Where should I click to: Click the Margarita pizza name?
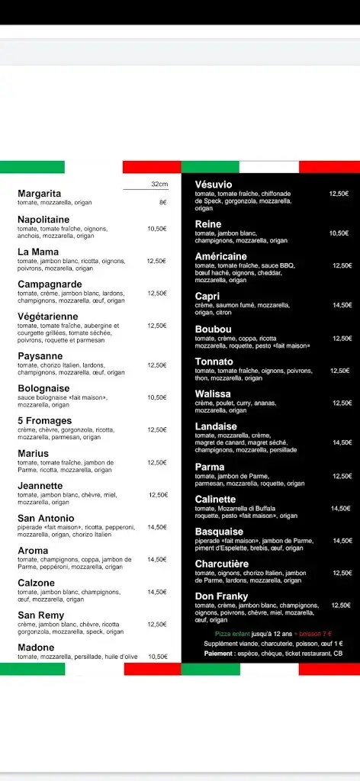click(x=39, y=194)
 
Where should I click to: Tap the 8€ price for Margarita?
click(x=162, y=202)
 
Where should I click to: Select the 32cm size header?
click(x=159, y=184)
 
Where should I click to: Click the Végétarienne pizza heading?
click(x=48, y=317)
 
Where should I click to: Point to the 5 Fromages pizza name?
click(x=45, y=420)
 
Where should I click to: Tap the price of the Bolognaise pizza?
click(x=157, y=397)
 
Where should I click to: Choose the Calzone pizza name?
click(x=36, y=583)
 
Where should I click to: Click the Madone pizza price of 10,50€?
click(x=158, y=656)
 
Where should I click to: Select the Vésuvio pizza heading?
click(x=214, y=185)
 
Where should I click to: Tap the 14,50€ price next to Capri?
click(x=342, y=305)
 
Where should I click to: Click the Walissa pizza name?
click(x=213, y=394)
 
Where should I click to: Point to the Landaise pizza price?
click(x=342, y=442)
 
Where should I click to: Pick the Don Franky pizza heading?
click(x=220, y=596)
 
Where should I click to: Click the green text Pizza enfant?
click(x=232, y=634)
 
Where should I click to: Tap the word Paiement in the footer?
click(x=220, y=653)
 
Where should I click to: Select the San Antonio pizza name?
click(x=46, y=518)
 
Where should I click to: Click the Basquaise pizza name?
click(x=219, y=532)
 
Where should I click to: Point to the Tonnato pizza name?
click(x=214, y=362)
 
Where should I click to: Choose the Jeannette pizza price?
click(x=158, y=495)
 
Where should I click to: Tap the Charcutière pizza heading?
click(x=222, y=564)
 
